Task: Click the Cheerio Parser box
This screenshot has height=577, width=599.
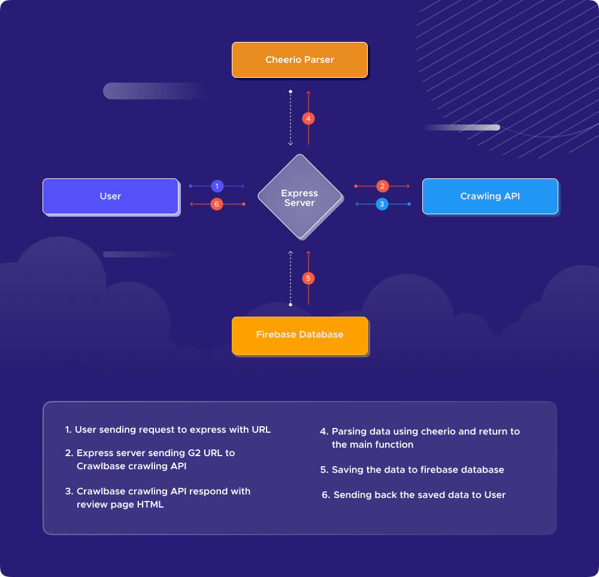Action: (x=299, y=60)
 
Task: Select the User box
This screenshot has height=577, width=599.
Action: (x=110, y=196)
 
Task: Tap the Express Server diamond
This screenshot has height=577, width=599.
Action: (x=299, y=197)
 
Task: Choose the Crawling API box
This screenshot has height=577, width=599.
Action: (x=489, y=196)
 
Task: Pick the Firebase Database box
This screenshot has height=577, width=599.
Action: (x=299, y=335)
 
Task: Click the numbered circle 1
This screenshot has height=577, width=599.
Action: (x=217, y=186)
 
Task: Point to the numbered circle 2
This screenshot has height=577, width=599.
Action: (x=383, y=186)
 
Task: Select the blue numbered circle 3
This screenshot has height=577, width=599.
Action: (x=383, y=204)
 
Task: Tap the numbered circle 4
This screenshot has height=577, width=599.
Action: (x=308, y=119)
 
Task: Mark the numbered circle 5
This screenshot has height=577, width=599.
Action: (x=308, y=278)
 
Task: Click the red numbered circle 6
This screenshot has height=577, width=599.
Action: (x=217, y=204)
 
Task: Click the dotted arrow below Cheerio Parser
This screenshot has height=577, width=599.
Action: (x=291, y=118)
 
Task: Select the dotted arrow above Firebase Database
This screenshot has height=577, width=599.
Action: (x=291, y=278)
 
